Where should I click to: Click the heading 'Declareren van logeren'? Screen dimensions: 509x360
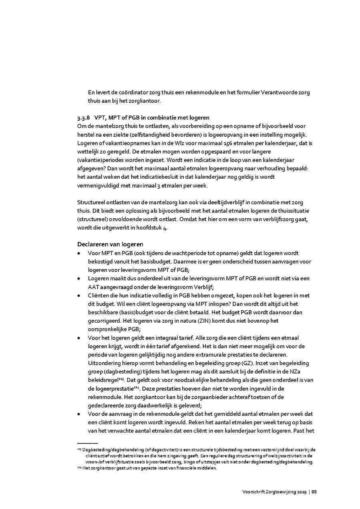click(110, 244)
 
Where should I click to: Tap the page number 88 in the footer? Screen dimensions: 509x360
click(314, 492)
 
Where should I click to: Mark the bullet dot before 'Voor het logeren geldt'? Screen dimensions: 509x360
click(80, 338)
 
